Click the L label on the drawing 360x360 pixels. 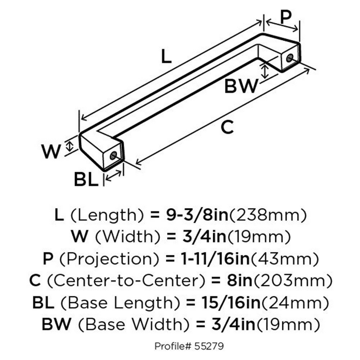point(166,57)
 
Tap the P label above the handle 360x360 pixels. point(285,17)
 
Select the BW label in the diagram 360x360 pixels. point(241,86)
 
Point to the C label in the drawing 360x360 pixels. point(227,127)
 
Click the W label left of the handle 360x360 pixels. point(51,152)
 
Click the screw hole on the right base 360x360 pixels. point(290,58)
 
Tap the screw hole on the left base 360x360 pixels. point(113,156)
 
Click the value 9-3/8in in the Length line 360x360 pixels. point(197,215)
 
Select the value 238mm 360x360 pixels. point(268,215)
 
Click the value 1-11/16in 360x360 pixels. point(215,259)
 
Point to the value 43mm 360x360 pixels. point(285,259)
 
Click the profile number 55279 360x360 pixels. point(209,346)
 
